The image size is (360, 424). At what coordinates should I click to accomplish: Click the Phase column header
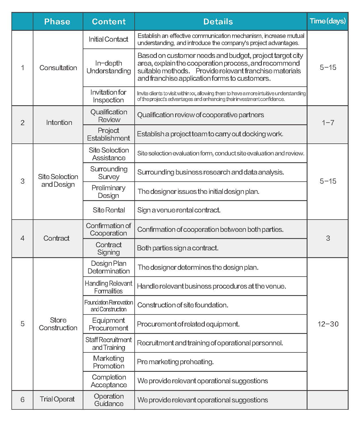click(x=57, y=21)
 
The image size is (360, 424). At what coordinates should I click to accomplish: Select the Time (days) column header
click(x=327, y=21)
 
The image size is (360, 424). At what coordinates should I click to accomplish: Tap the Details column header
click(x=218, y=21)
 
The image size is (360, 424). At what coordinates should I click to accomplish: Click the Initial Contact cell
click(x=108, y=39)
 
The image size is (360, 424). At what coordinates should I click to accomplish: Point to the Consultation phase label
click(x=58, y=68)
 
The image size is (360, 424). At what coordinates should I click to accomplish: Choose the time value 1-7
click(x=328, y=123)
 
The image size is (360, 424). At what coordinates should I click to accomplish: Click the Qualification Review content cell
click(x=109, y=116)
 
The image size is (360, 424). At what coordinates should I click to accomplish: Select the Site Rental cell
click(x=109, y=210)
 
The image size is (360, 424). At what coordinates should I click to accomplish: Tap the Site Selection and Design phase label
click(x=58, y=180)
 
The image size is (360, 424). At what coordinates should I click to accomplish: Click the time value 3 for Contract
click(x=328, y=238)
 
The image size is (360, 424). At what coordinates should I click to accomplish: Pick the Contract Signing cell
click(x=108, y=248)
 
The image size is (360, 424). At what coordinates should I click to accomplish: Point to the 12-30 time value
click(x=328, y=324)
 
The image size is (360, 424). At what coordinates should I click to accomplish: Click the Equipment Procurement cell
click(x=108, y=324)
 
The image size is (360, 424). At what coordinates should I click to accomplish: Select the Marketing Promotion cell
click(x=108, y=362)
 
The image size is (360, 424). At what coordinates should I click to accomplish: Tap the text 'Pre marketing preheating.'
click(x=175, y=362)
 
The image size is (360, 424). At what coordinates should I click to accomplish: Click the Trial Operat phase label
click(x=57, y=399)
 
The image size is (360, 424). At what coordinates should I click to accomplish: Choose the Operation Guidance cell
click(x=109, y=400)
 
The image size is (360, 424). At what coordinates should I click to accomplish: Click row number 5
click(x=23, y=324)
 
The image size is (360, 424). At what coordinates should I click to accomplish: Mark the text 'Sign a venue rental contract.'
click(x=179, y=210)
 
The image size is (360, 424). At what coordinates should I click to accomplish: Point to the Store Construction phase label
click(x=58, y=324)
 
